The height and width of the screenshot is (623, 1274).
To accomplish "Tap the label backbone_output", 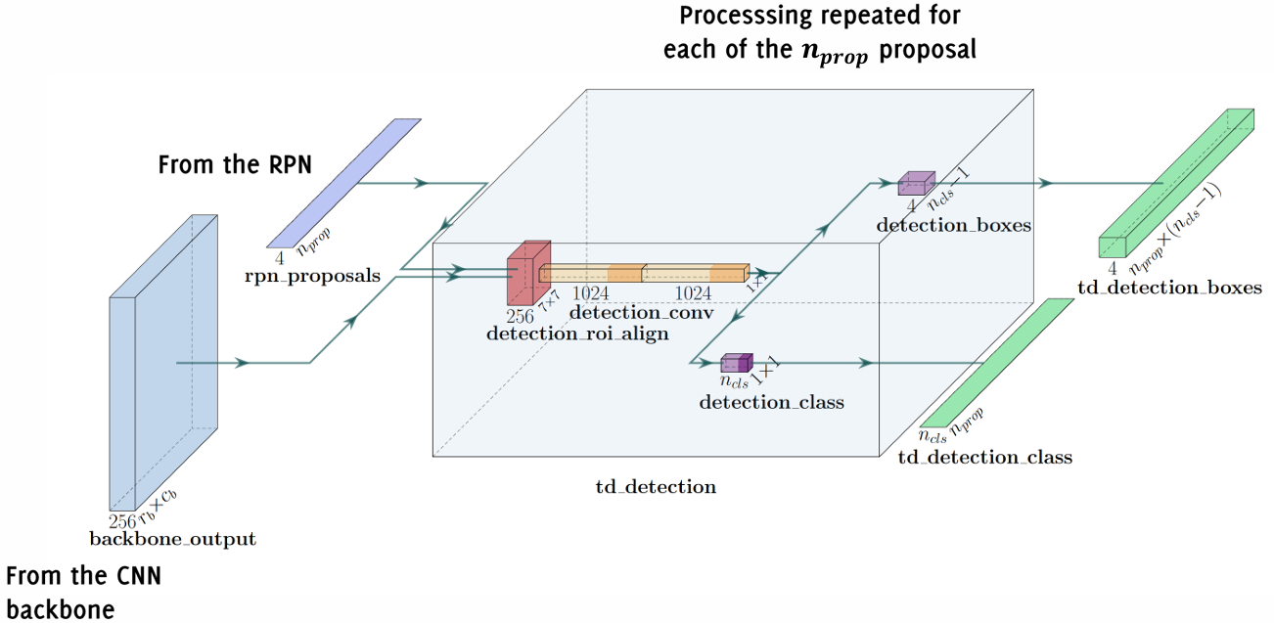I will (x=172, y=539).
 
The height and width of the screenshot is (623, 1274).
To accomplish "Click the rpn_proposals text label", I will (x=312, y=276).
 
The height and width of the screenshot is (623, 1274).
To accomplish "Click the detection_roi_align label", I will (x=577, y=334).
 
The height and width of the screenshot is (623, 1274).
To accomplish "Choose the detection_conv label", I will (x=642, y=313).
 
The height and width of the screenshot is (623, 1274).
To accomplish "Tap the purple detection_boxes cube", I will (x=916, y=184).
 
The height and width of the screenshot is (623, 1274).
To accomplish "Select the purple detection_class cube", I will (x=736, y=364).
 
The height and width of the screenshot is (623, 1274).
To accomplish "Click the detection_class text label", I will (x=771, y=402).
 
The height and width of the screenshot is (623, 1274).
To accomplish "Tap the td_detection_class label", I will (x=984, y=458).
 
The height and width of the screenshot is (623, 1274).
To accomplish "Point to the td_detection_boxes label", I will (x=1169, y=289).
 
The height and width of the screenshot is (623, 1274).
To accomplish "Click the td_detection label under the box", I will (x=657, y=486).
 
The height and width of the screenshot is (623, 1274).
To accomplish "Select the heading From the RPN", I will (x=235, y=164).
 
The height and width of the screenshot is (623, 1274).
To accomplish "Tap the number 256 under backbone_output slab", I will (x=122, y=521).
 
